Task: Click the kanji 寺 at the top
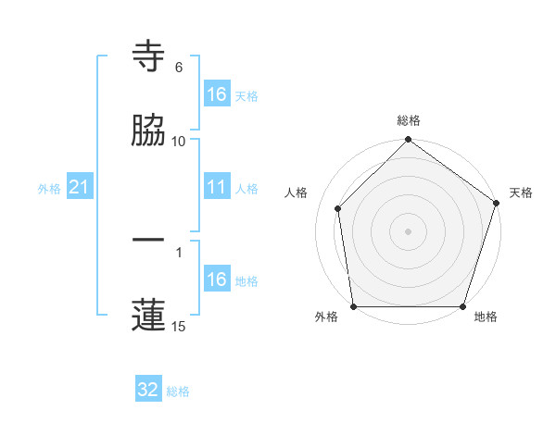pos(149,57)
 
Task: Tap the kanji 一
pos(149,241)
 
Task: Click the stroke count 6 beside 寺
pos(179,68)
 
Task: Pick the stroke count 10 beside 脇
pos(179,141)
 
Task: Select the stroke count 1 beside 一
pos(179,251)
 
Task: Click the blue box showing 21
pos(80,188)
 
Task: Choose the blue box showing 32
pos(148,390)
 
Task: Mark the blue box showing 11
pos(217,188)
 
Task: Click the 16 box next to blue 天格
pos(217,94)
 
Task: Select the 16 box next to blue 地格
pos(217,280)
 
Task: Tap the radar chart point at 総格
pos(408,141)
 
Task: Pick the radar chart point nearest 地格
pos(463,306)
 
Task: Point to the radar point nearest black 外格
pos(353,306)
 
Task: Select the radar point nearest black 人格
pos(338,208)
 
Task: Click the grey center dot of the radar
pos(408,230)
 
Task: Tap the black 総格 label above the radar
pos(409,121)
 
